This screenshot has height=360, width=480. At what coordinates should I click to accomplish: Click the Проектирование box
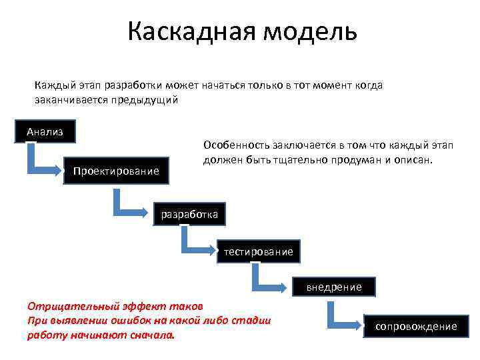click(116, 171)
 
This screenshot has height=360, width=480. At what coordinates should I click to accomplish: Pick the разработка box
click(189, 214)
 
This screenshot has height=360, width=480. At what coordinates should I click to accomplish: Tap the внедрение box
click(334, 287)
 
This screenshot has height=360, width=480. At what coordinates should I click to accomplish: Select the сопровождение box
click(416, 326)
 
